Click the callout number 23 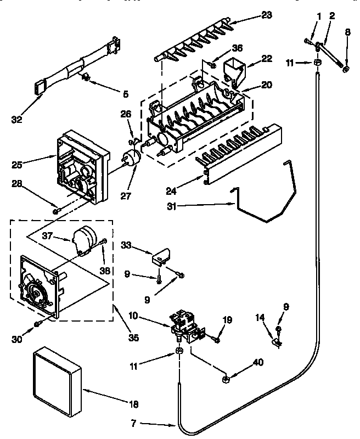click(266, 15)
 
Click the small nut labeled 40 click(226, 379)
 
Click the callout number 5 click(126, 94)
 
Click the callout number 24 click(171, 191)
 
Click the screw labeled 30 click(37, 324)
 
